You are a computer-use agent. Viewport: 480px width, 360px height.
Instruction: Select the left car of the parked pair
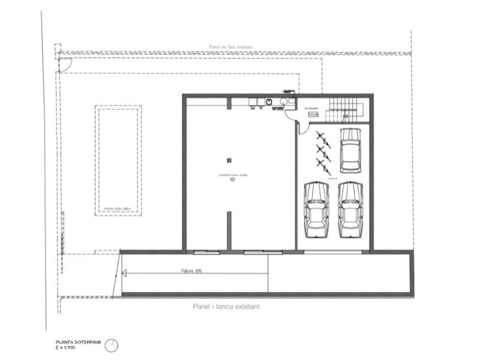316,210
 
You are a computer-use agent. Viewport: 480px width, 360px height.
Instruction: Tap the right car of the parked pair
351,210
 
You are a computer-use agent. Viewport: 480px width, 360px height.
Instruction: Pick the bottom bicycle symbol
324,165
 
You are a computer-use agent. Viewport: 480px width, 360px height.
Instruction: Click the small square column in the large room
229,160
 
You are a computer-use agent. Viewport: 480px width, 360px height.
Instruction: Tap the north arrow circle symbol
112,346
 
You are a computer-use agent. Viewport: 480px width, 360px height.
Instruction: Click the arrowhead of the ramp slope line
124,274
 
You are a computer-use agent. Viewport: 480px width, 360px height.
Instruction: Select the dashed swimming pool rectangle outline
118,161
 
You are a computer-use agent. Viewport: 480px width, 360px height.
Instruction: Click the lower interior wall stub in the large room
229,230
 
